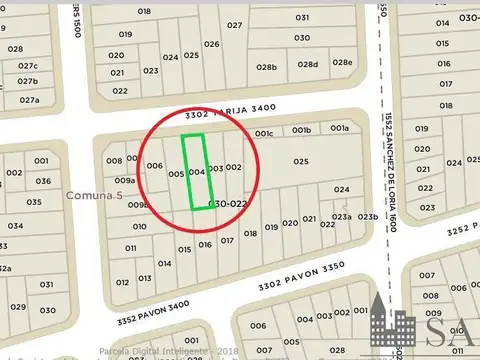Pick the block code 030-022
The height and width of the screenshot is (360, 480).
pos(227,203)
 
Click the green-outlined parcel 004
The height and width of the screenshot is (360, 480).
pos(197,172)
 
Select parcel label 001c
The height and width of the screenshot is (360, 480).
pos(264,132)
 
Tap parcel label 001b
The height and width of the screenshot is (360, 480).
pos(301,129)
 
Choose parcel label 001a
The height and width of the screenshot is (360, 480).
pos(340,128)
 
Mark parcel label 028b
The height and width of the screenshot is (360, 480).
pos(265,67)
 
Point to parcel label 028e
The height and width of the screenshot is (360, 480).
pos(342,63)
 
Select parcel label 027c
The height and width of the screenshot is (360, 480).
pos(27,65)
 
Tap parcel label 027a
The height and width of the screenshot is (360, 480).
pos(29,99)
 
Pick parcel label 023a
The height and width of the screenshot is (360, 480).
pos(342,216)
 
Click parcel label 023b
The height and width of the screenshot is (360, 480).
pos(368,216)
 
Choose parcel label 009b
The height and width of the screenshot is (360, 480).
pos(138,205)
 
